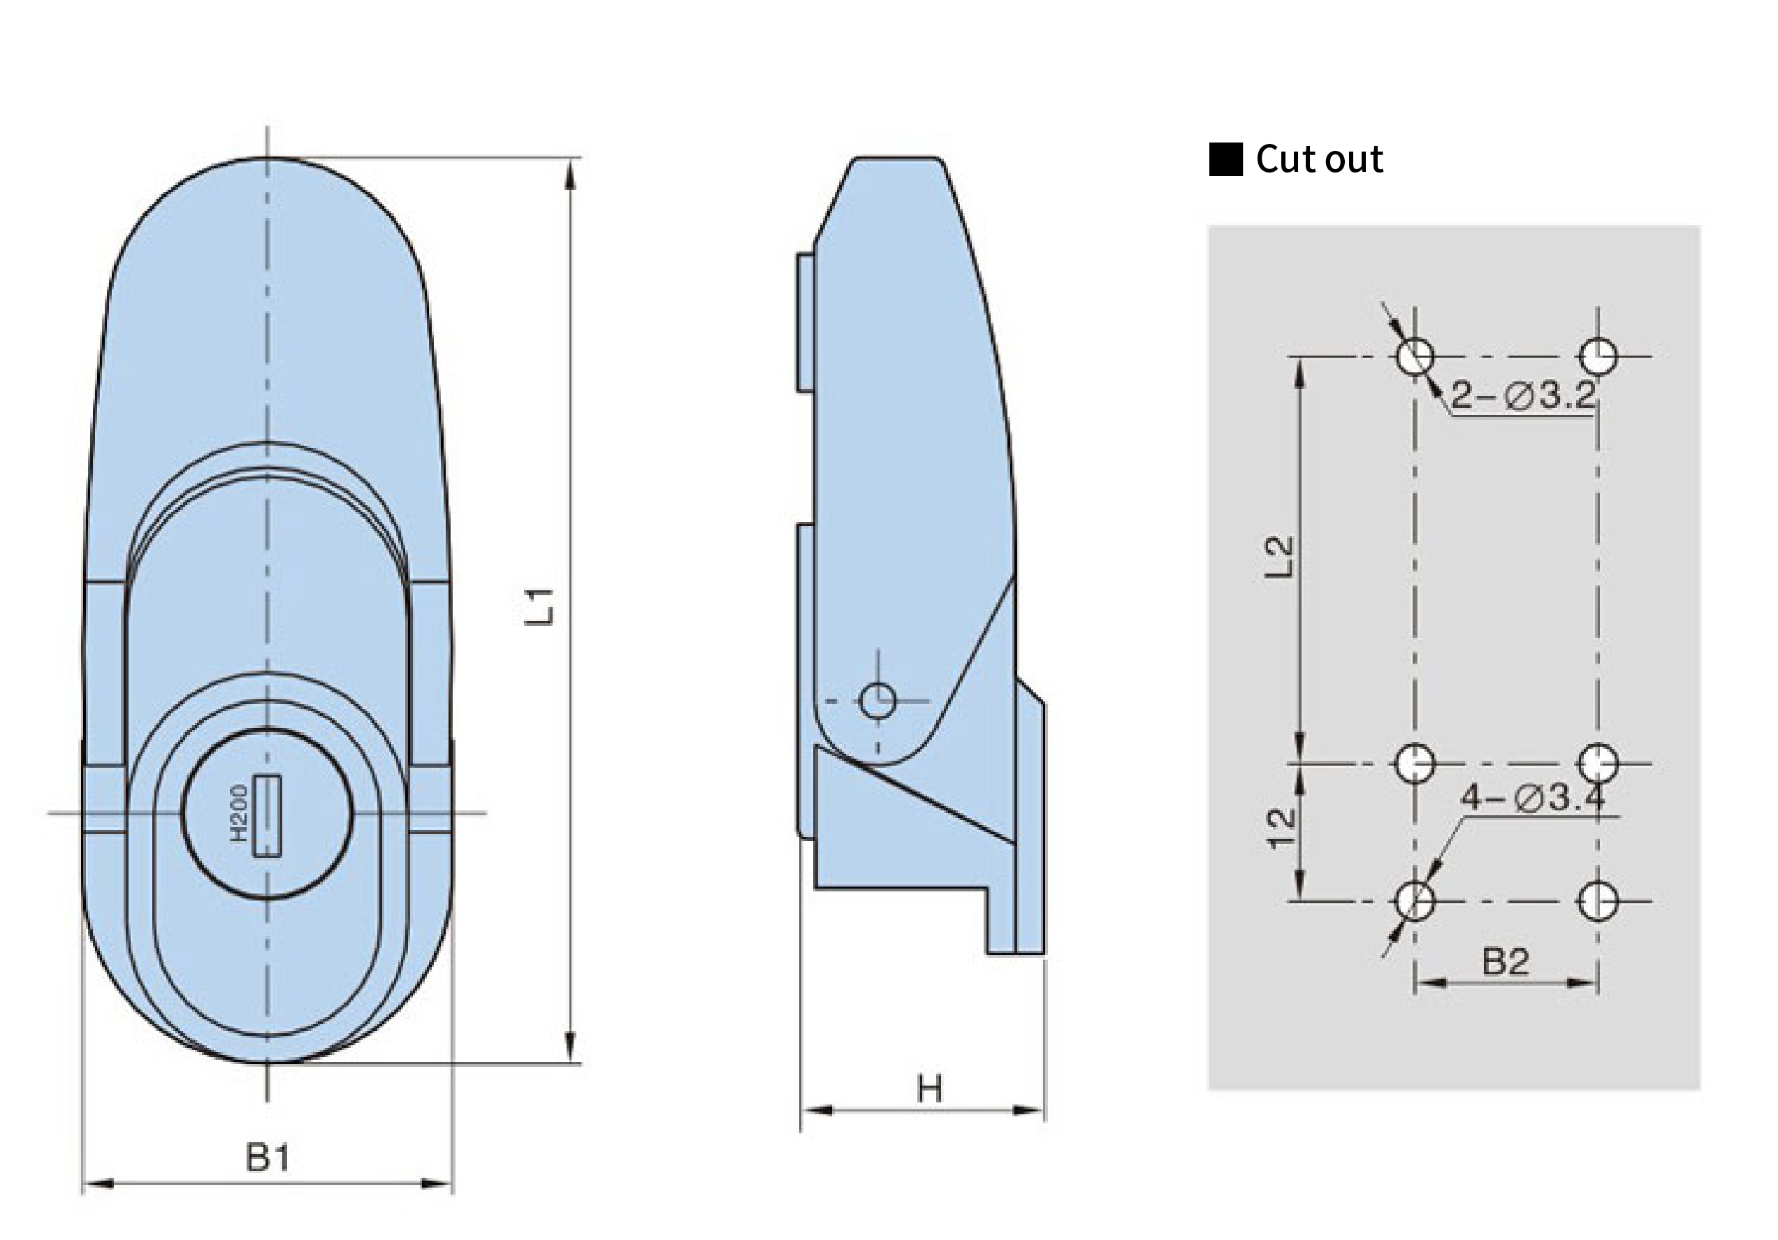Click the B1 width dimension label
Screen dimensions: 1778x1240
click(x=268, y=1158)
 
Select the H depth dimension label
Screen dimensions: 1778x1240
click(x=929, y=1089)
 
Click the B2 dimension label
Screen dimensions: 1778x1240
click(x=1506, y=961)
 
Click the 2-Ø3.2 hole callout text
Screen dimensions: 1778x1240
click(x=1523, y=395)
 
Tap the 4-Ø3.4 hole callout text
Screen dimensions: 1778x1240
click(x=1533, y=797)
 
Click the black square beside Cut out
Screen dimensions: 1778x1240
click(x=1226, y=159)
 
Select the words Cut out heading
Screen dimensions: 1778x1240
click(x=1319, y=159)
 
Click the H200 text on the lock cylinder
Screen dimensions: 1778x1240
click(x=240, y=812)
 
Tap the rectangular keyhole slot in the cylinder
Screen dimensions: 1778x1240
click(x=267, y=817)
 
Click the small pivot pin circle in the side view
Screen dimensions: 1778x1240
click(x=877, y=701)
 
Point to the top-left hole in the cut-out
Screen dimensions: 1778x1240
click(x=1415, y=357)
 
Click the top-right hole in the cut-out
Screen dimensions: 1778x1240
click(x=1598, y=357)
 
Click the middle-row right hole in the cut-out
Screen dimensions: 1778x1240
click(x=1598, y=763)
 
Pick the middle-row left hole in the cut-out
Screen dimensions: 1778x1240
click(x=1415, y=763)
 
